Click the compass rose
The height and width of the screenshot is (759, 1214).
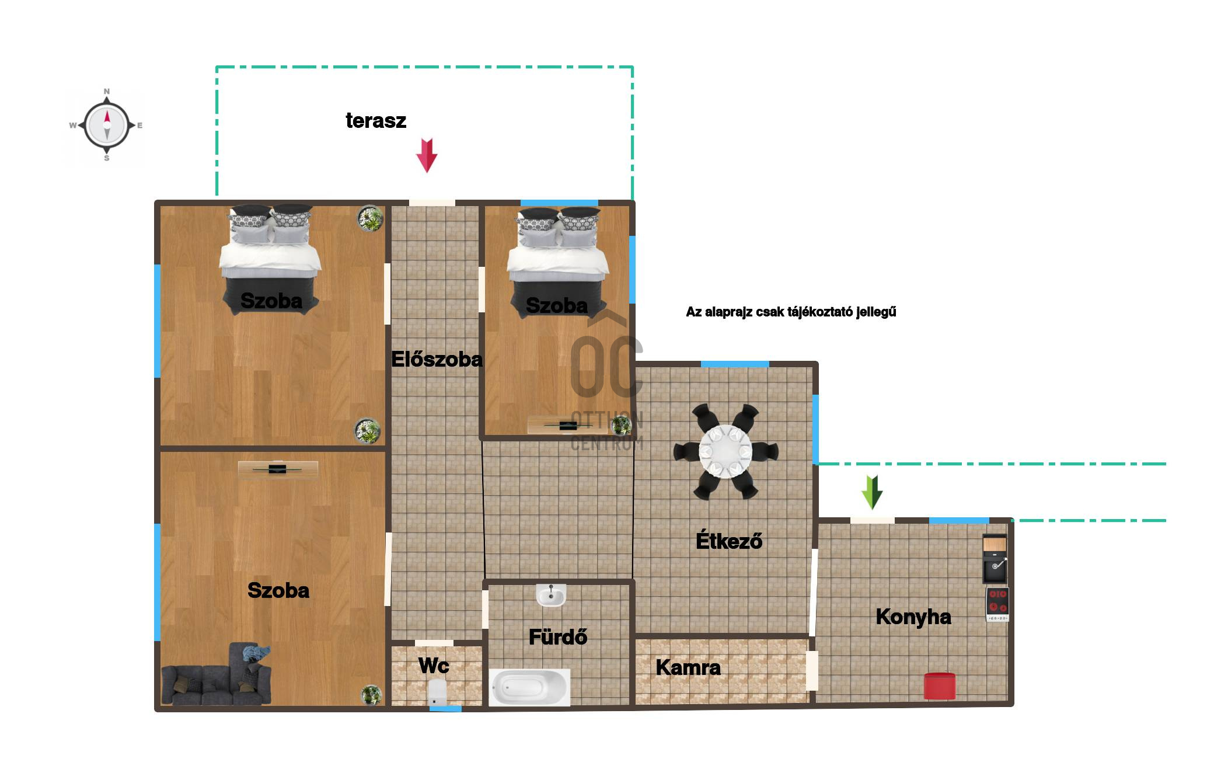tap(107, 124)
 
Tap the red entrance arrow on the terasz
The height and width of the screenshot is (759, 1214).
tap(427, 155)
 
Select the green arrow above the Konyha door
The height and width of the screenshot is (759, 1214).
tap(872, 492)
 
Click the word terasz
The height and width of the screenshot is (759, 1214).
tap(376, 121)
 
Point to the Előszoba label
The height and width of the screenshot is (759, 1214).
tap(437, 359)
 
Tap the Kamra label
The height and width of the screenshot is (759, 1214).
tap(688, 667)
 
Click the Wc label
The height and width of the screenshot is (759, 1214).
tap(434, 666)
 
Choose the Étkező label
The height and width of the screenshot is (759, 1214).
tap(729, 541)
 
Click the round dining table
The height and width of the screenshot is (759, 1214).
tap(725, 451)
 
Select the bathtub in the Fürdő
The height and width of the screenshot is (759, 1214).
tap(529, 687)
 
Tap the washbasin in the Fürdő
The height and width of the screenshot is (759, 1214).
tap(551, 595)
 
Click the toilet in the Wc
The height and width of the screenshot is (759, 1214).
tap(437, 693)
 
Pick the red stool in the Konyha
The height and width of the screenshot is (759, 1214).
tap(940, 685)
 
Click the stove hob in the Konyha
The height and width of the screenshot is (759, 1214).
tap(997, 604)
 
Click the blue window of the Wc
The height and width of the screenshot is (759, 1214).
tap(445, 709)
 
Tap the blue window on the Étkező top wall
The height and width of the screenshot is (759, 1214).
tap(735, 364)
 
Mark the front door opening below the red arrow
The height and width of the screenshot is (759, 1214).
tap(432, 203)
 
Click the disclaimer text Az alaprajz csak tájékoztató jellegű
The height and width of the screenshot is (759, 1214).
tap(791, 312)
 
